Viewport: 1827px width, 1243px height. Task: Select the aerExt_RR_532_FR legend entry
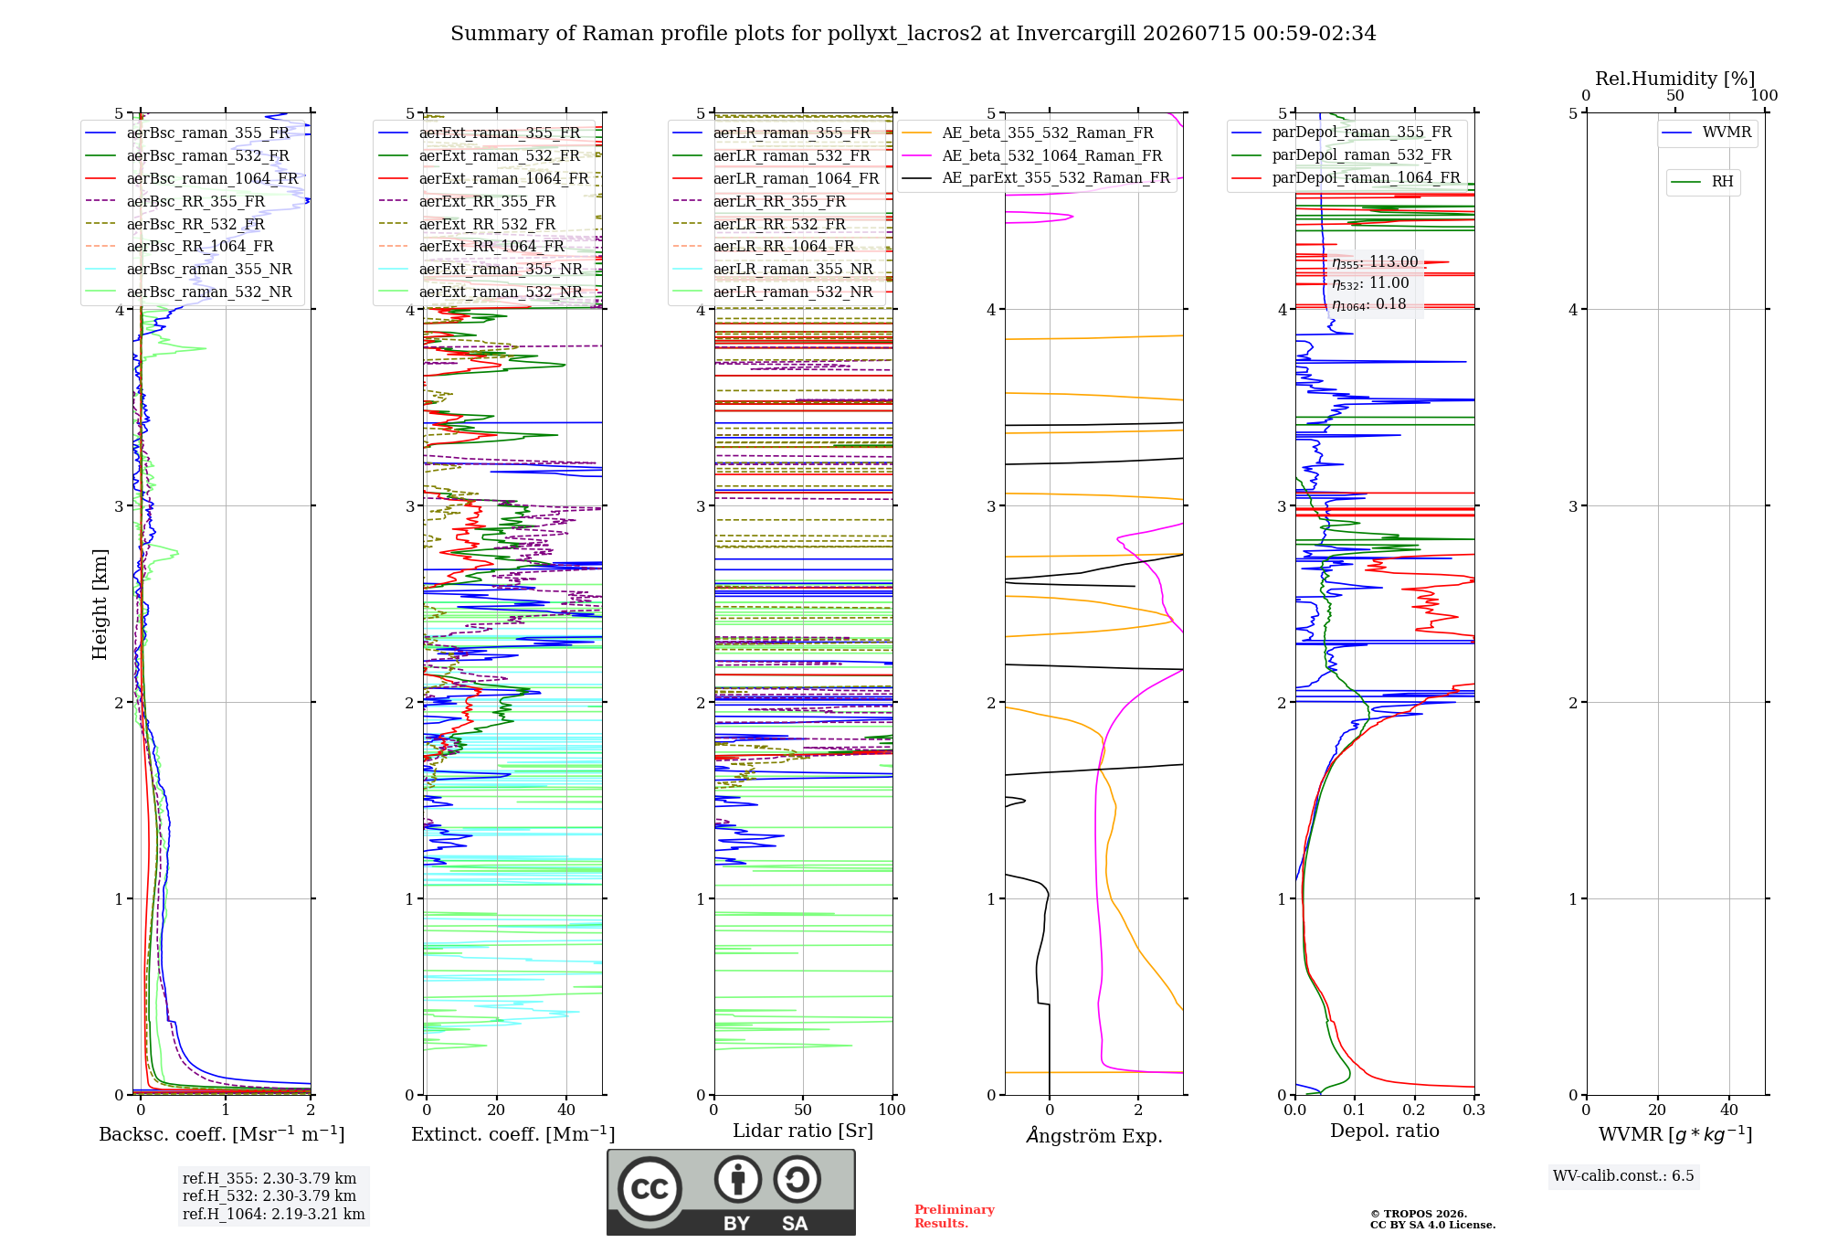click(467, 224)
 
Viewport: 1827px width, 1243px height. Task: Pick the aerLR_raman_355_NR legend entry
click(773, 269)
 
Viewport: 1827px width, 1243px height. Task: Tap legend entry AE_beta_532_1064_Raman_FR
click(1032, 155)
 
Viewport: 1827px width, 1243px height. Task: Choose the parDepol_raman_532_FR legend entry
click(1342, 155)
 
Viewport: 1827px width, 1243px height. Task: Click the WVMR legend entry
click(1707, 133)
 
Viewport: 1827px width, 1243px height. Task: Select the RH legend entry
click(1703, 182)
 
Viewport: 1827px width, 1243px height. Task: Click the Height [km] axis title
click(100, 604)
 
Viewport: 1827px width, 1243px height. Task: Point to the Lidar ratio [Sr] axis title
click(803, 1131)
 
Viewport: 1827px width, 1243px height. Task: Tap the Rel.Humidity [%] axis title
click(1675, 79)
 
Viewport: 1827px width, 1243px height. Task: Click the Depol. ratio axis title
click(1385, 1131)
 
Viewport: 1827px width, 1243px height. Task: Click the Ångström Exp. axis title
click(1094, 1135)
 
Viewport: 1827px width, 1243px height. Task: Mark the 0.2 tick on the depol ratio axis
click(1414, 1110)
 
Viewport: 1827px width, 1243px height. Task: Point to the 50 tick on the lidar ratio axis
click(803, 1110)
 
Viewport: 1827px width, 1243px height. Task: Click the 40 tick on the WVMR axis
click(1729, 1110)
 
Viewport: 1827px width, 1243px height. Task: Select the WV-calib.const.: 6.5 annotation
click(1623, 1176)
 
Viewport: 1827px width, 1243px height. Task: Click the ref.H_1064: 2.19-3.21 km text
click(274, 1214)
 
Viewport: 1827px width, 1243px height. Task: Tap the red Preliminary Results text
click(955, 1216)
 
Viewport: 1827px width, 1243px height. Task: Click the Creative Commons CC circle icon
click(649, 1189)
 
